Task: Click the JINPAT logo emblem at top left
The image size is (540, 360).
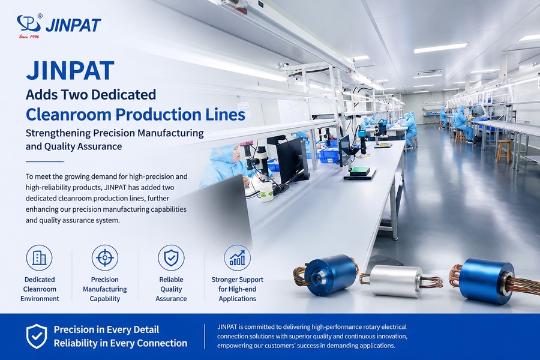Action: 29,23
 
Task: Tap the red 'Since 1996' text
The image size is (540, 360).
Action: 29,36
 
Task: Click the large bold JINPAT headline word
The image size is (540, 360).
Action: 70,70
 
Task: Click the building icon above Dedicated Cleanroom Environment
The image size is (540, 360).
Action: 39,257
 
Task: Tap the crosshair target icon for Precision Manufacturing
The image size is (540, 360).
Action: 104,257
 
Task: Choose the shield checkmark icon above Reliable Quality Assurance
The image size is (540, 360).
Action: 171,257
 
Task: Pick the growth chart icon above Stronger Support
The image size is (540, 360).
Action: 237,257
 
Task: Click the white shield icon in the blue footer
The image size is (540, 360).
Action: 37,336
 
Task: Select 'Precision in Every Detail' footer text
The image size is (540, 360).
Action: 106,329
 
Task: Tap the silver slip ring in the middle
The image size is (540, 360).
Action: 397,281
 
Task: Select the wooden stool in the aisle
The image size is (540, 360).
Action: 503,151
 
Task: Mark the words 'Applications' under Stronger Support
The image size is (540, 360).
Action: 237,299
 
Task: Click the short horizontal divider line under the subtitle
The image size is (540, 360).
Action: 45,161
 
